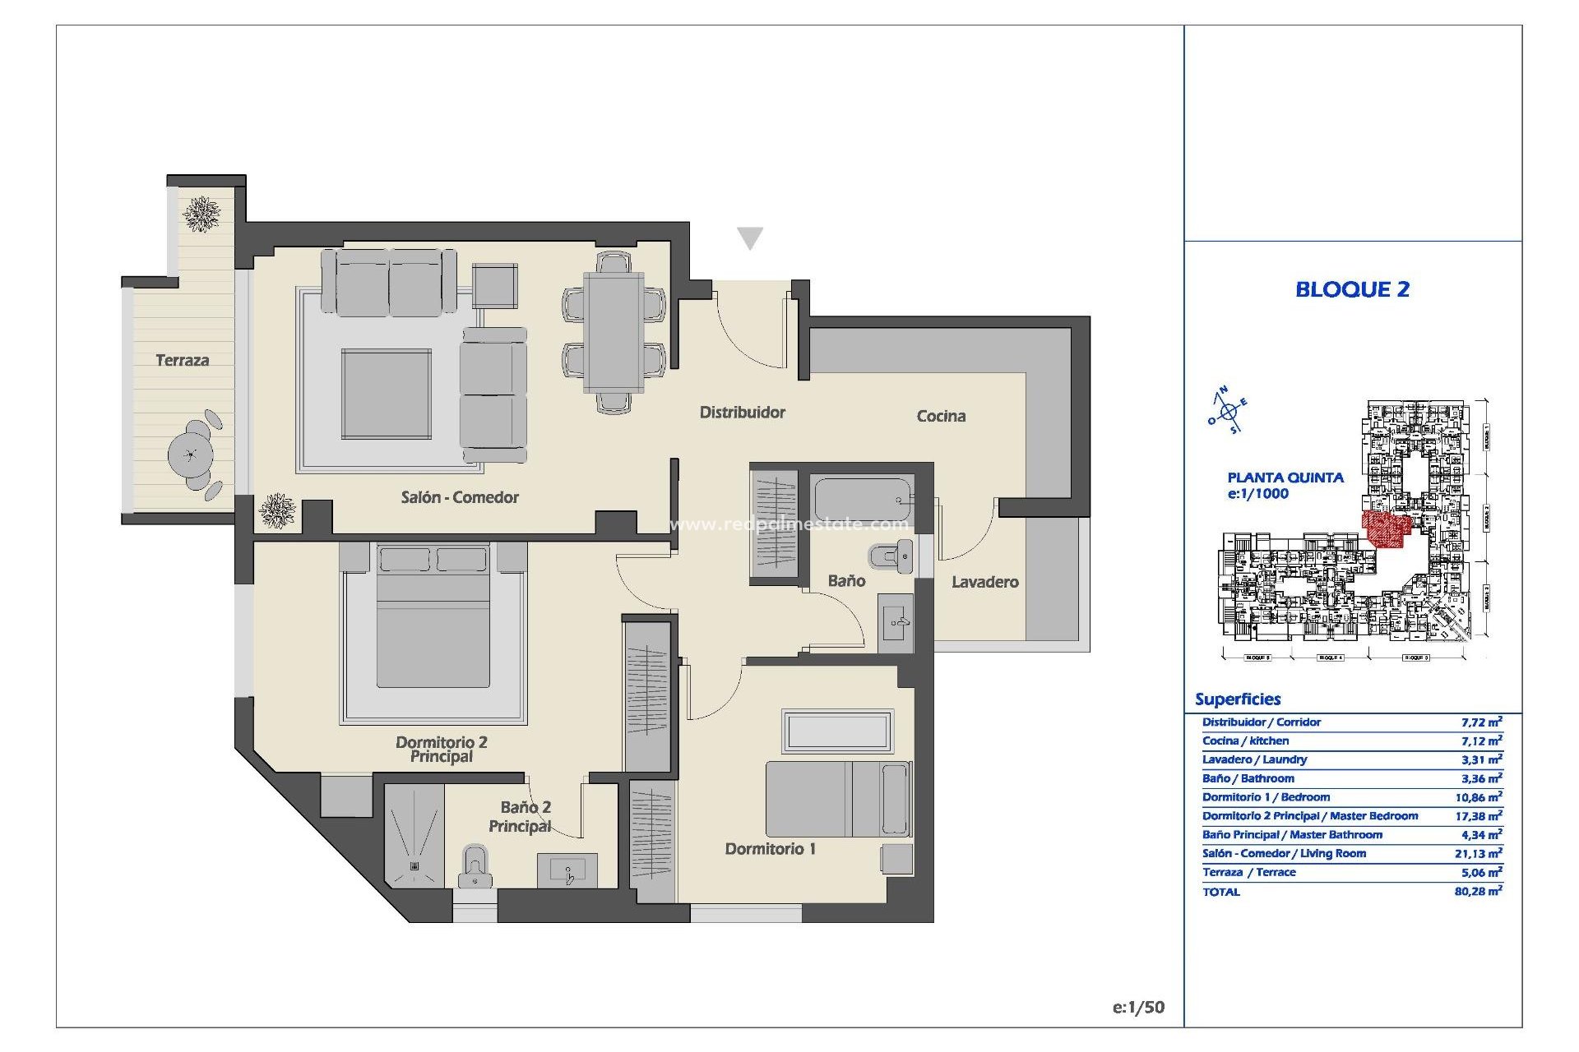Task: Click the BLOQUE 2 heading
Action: coord(1352,289)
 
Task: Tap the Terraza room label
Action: coord(182,360)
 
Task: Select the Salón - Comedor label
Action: coord(460,497)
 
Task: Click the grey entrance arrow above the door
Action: coord(749,238)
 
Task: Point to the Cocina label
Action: coord(941,416)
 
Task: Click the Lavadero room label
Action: coord(984,582)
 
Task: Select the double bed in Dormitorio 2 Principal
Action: coord(433,629)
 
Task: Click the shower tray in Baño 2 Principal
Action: coord(414,835)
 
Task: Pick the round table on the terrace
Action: coord(191,454)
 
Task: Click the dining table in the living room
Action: coord(614,332)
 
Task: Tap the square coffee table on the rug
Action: coord(387,394)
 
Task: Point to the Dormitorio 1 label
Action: coord(770,849)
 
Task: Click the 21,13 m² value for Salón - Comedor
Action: coord(1478,854)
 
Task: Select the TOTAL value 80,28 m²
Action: coord(1478,892)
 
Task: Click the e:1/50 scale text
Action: coord(1138,1008)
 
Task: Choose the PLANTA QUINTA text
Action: coord(1285,478)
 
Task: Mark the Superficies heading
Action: coord(1238,699)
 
